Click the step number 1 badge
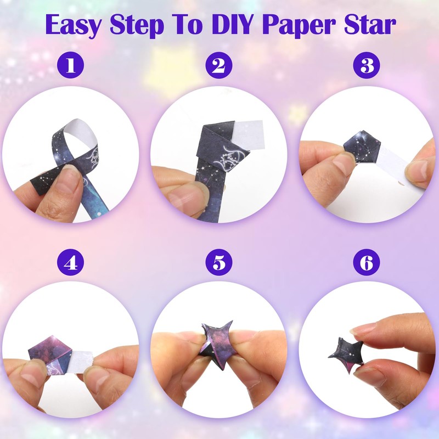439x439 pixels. pos(71,66)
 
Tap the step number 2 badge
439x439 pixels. pos(219,66)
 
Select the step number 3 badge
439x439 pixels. pos(367,66)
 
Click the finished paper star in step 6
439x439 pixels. pos(347,351)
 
